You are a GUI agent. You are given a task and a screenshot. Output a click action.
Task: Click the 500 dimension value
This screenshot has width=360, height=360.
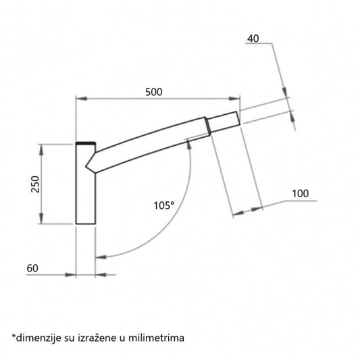tap(155, 92)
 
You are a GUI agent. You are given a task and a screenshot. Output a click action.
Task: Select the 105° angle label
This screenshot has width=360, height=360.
tap(163, 204)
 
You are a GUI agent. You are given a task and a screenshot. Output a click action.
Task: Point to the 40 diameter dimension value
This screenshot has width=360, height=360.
tap(254, 38)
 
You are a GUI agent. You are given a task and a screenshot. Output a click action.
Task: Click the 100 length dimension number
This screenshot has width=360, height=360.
tap(300, 194)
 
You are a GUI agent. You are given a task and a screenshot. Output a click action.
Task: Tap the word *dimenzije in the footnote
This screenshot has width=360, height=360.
tap(36, 336)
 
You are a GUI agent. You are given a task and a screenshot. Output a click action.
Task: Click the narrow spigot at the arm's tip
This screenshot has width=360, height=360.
tap(224, 121)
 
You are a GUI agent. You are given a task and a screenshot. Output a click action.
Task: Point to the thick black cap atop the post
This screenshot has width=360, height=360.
tap(85, 144)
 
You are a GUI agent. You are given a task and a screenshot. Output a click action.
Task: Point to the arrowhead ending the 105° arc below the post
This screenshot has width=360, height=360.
tap(100, 257)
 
